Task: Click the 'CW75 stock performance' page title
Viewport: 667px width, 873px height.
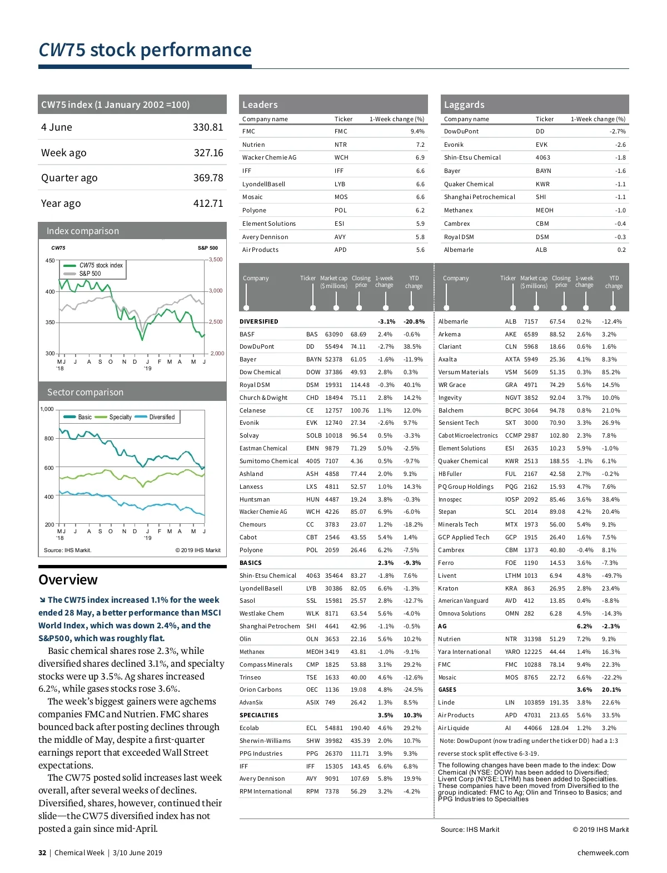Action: (x=145, y=50)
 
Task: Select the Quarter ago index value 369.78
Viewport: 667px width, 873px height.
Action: (x=208, y=178)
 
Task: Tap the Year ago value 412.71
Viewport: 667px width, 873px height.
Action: (x=208, y=204)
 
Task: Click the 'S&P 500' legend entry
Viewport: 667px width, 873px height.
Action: (x=90, y=274)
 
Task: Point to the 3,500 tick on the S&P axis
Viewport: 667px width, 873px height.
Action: (x=216, y=260)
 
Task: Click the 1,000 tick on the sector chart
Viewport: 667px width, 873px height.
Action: (x=47, y=409)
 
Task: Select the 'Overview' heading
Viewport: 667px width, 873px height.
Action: (x=68, y=580)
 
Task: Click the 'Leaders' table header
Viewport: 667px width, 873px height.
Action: (x=260, y=105)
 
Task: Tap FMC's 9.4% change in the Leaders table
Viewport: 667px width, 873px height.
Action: (x=417, y=132)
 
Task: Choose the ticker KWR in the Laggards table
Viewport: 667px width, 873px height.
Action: (x=542, y=184)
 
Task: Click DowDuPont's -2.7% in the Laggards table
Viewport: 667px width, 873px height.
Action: (x=618, y=132)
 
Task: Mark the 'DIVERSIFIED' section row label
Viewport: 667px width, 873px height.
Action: (x=259, y=321)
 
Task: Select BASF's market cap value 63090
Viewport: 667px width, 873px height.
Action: (x=333, y=334)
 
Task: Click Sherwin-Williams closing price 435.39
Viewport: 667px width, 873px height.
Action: (x=360, y=741)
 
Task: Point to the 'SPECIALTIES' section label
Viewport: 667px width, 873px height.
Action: (x=259, y=715)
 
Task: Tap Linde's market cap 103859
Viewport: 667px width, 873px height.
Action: (x=534, y=702)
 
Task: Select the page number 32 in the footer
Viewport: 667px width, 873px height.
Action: (x=42, y=853)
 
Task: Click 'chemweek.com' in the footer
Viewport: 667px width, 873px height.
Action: (x=603, y=853)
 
